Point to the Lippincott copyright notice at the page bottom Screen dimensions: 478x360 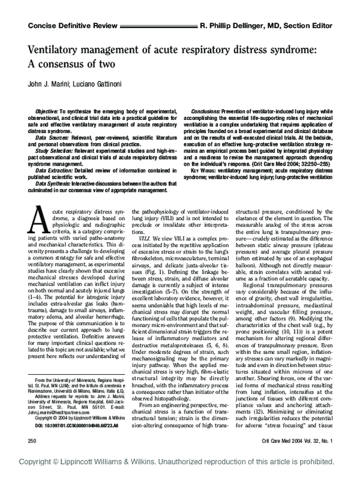point(179,471)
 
